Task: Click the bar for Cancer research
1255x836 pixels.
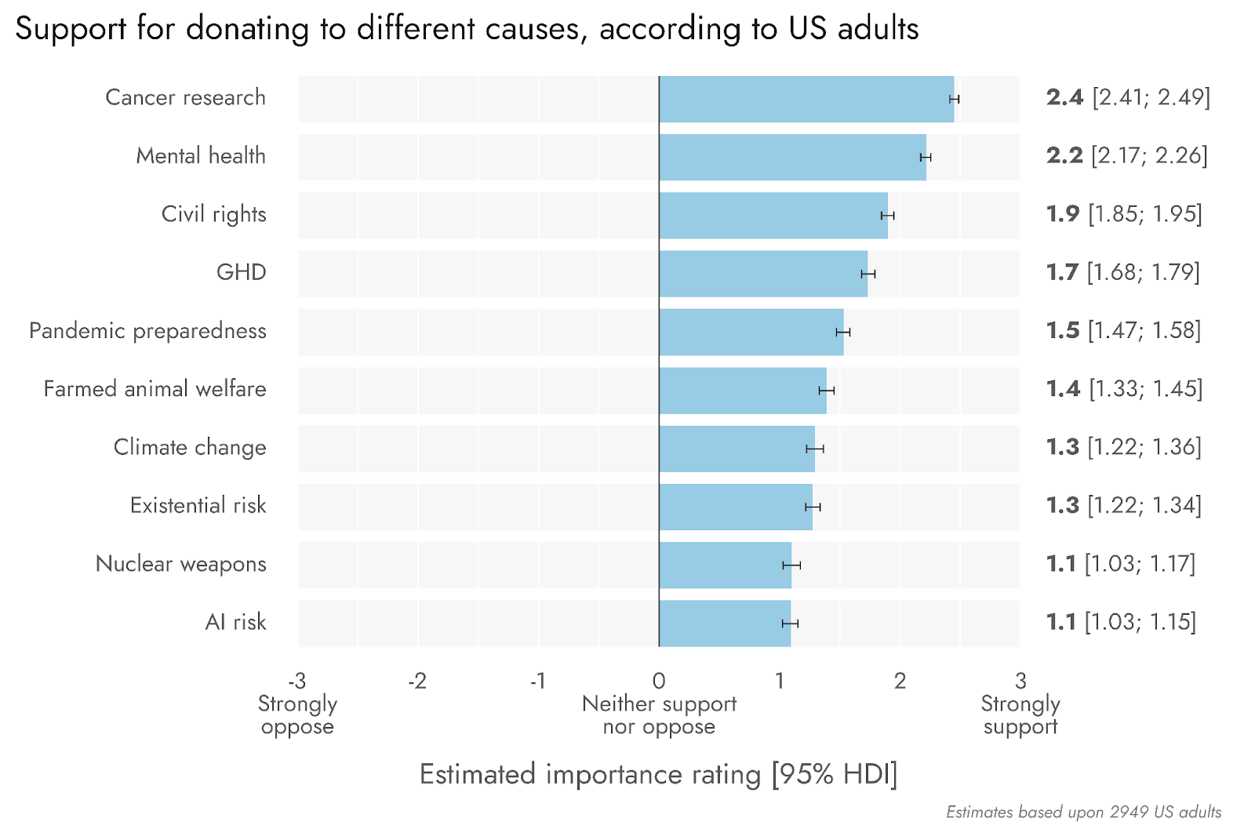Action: point(806,99)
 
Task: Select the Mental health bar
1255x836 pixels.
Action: point(792,157)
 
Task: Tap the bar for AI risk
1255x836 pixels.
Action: point(725,623)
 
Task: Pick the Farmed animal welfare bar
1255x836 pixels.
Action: point(743,391)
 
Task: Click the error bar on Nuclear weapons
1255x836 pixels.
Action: point(791,565)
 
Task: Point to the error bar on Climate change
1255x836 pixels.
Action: point(815,449)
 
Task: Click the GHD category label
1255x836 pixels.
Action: point(242,273)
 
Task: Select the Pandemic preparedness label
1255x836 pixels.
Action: point(147,331)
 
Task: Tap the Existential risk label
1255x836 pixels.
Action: point(198,506)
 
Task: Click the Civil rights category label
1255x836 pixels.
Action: point(213,215)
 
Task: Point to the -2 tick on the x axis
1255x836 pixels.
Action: point(417,681)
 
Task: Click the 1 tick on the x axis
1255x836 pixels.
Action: point(779,681)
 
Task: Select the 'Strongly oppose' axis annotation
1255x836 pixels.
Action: point(297,715)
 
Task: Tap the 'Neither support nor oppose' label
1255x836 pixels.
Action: point(659,715)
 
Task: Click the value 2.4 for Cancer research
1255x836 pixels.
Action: point(1064,97)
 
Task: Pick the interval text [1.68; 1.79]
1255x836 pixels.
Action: point(1144,272)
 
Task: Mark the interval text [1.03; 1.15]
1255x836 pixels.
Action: point(1140,622)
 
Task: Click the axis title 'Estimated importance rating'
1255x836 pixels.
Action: point(590,774)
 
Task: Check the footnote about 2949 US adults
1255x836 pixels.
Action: point(1083,812)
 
